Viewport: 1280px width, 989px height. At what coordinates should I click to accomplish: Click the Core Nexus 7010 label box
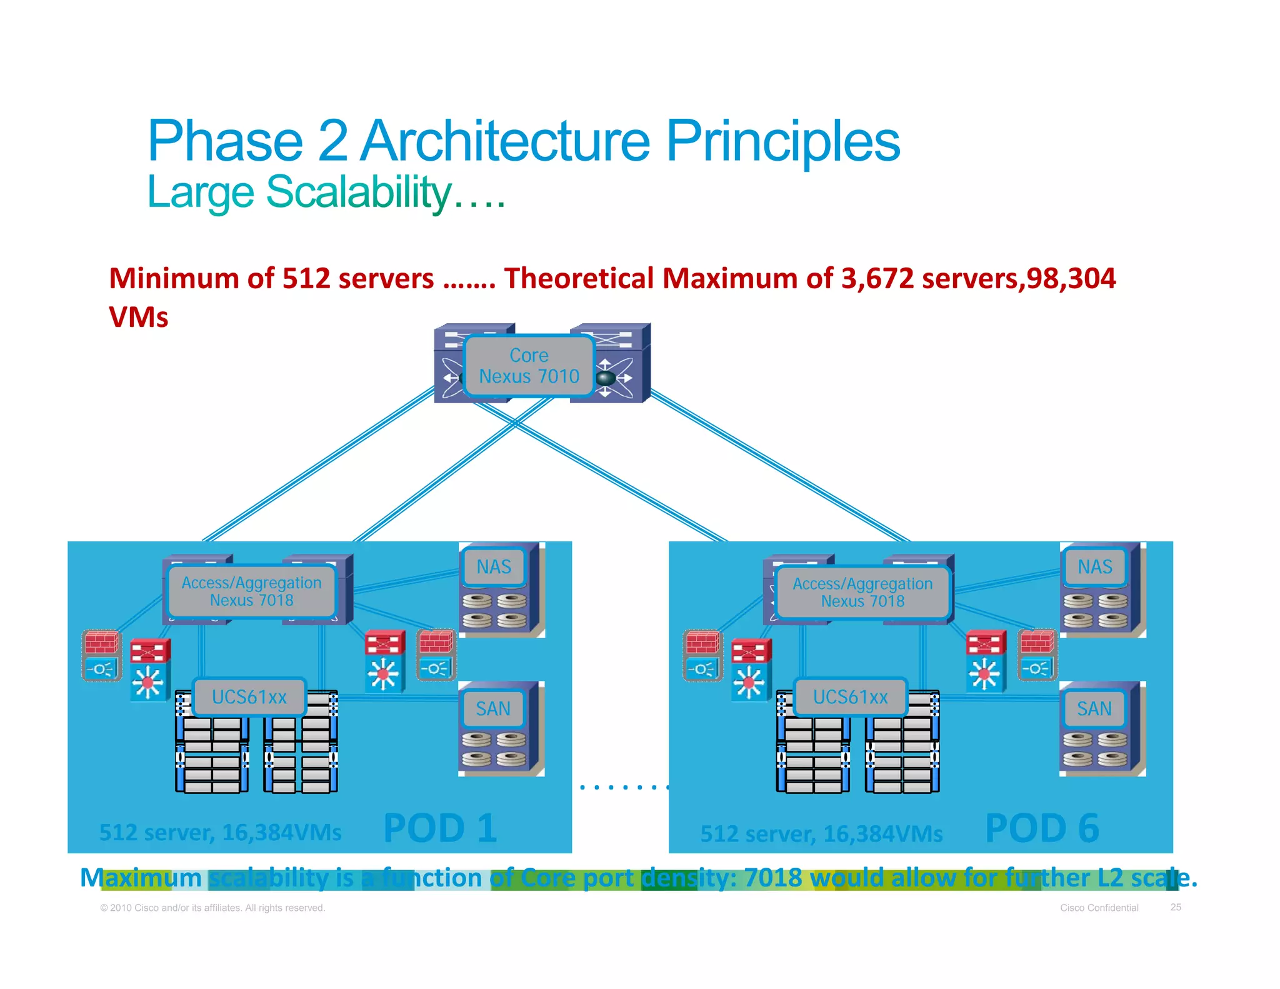tap(529, 366)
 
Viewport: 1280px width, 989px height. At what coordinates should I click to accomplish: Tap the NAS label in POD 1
tap(494, 567)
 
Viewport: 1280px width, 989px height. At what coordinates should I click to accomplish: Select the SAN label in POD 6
tap(1094, 709)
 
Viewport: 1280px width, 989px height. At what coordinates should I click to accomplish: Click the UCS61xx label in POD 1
tap(249, 697)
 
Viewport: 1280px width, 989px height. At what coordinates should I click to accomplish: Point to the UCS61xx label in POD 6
tap(850, 697)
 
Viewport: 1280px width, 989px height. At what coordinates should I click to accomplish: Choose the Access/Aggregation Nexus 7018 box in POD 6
tap(862, 592)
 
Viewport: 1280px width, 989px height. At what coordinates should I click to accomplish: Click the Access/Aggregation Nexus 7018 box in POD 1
tap(251, 591)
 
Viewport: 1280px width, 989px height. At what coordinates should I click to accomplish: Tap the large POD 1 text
tap(440, 828)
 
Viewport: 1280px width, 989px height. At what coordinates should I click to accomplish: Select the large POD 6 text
tap(1042, 828)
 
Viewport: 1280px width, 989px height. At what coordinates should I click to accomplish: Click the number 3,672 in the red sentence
tap(877, 278)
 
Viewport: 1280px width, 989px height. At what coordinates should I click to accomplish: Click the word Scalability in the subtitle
tap(359, 192)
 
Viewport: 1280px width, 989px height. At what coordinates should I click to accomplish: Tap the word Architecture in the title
tap(506, 141)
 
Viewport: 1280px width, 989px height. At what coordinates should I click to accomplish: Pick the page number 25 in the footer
tap(1176, 907)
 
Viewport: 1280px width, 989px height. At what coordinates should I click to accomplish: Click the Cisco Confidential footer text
tap(1099, 908)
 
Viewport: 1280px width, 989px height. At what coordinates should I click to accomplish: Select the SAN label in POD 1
tap(493, 709)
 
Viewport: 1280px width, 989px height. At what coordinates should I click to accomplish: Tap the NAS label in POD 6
tap(1095, 567)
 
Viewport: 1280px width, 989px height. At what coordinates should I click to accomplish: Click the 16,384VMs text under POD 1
tap(282, 833)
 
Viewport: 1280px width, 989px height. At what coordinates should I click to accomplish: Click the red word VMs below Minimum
tap(139, 317)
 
